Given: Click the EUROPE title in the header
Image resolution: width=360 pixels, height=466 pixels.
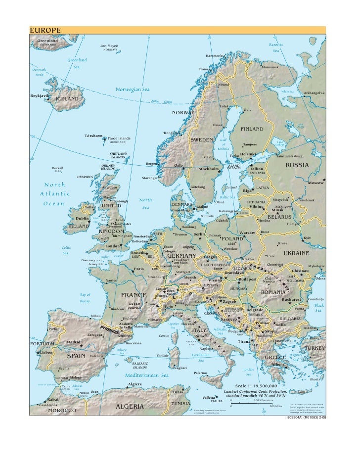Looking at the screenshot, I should click(x=45, y=30).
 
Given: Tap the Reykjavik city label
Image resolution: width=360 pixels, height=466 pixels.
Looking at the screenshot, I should click(x=40, y=95).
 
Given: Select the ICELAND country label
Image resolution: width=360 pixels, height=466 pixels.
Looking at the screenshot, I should click(x=67, y=99).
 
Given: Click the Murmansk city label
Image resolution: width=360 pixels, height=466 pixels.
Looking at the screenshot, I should click(x=270, y=67).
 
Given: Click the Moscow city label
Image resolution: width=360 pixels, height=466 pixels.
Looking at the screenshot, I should click(x=316, y=183).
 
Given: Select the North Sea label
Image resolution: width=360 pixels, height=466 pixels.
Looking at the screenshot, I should click(x=146, y=203).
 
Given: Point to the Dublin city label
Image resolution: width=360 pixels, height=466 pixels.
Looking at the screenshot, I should click(x=82, y=218).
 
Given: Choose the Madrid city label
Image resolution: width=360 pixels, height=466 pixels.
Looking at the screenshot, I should click(x=73, y=342).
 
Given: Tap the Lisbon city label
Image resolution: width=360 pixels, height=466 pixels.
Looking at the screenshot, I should click(x=46, y=352).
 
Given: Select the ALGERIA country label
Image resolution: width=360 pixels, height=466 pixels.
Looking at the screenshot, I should click(x=130, y=407).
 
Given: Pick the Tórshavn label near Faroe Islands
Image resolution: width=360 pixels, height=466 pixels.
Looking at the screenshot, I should click(x=94, y=135).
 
